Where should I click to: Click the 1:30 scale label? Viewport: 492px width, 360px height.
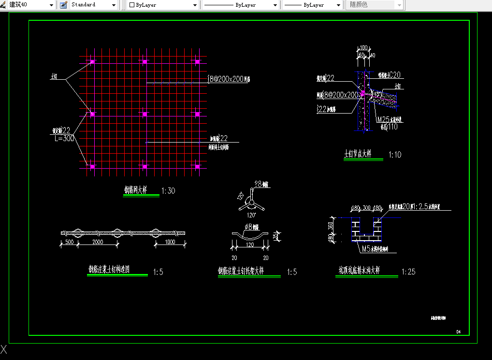pyautogui.click(x=168, y=191)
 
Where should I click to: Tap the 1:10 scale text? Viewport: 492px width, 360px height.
pyautogui.click(x=395, y=155)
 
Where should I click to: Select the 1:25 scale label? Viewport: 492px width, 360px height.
pyautogui.click(x=408, y=272)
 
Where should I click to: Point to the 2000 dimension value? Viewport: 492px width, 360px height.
pyautogui.click(x=98, y=242)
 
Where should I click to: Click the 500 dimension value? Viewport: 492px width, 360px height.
pyautogui.click(x=69, y=242)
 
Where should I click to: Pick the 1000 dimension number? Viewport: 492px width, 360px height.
pyautogui.click(x=170, y=242)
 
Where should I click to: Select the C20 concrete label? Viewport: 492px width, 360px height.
pyautogui.click(x=395, y=75)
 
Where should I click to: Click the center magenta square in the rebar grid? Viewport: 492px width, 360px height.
pyautogui.click(x=145, y=114)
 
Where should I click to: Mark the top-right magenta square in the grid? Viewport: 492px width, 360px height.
pyautogui.click(x=197, y=61)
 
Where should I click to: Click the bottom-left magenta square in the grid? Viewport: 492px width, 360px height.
pyautogui.click(x=92, y=167)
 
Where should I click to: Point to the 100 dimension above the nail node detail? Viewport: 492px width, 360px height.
pyautogui.click(x=363, y=48)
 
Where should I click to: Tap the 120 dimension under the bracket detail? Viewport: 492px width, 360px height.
pyautogui.click(x=250, y=245)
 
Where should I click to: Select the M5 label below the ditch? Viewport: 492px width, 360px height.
pyautogui.click(x=367, y=249)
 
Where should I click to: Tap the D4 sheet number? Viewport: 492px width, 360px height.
pyautogui.click(x=458, y=331)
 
